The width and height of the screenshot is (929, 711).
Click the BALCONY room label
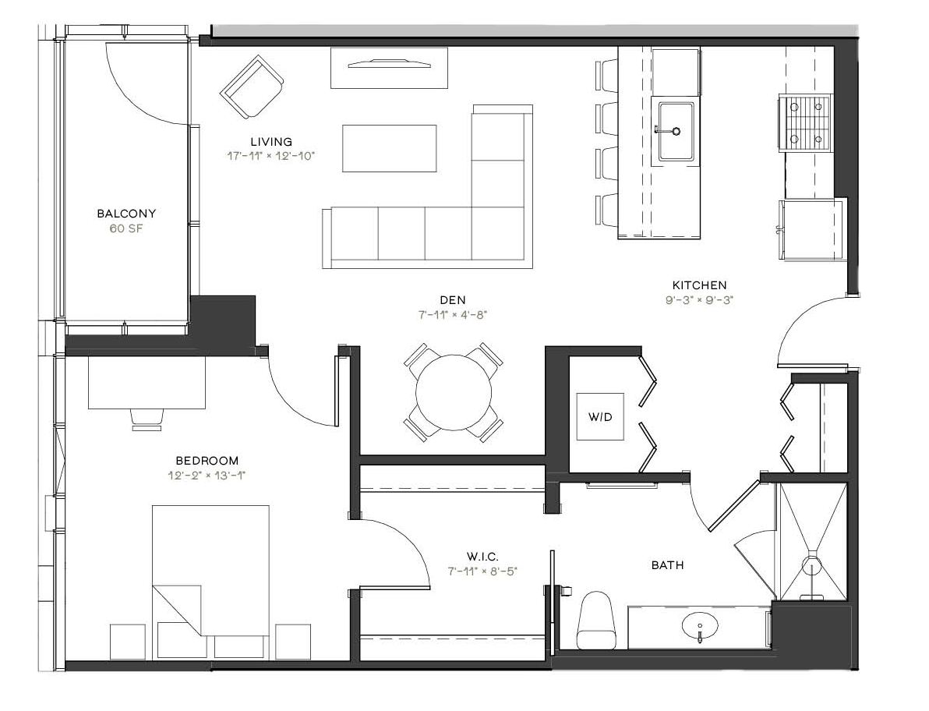126,214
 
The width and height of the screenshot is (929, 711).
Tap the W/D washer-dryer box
600,416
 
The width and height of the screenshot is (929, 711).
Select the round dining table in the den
454,392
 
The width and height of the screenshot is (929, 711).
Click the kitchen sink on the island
676,131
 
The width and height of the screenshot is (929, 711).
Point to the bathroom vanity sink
700,625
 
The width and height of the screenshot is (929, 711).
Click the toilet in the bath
597,620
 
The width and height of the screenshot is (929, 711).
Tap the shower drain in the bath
811,567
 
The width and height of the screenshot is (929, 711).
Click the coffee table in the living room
389,148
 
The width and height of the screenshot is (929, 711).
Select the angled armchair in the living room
252,87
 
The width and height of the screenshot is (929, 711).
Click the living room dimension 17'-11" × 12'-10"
271,156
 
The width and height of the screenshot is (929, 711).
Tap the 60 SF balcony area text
126,228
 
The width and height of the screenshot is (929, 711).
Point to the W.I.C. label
483,557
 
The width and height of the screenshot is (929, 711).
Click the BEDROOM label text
207,461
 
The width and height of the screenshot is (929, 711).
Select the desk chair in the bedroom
147,418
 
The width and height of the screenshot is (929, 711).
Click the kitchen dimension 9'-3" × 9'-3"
700,300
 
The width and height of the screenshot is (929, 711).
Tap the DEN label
453,300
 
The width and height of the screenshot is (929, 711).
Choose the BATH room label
668,565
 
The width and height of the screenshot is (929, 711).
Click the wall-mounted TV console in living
389,68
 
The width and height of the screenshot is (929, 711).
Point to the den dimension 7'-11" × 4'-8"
453,315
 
